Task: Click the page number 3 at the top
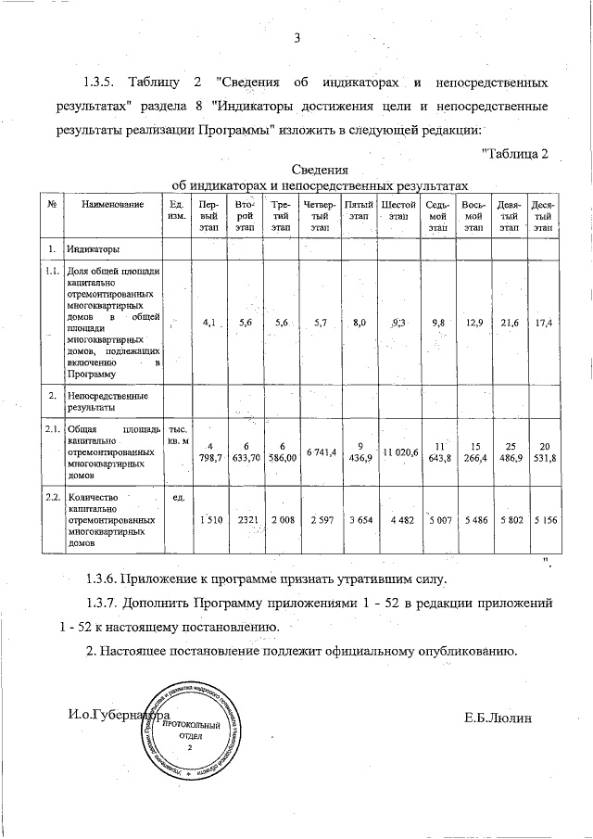tap(296, 38)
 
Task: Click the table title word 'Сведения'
tap(320, 170)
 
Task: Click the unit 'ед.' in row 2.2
tap(180, 498)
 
